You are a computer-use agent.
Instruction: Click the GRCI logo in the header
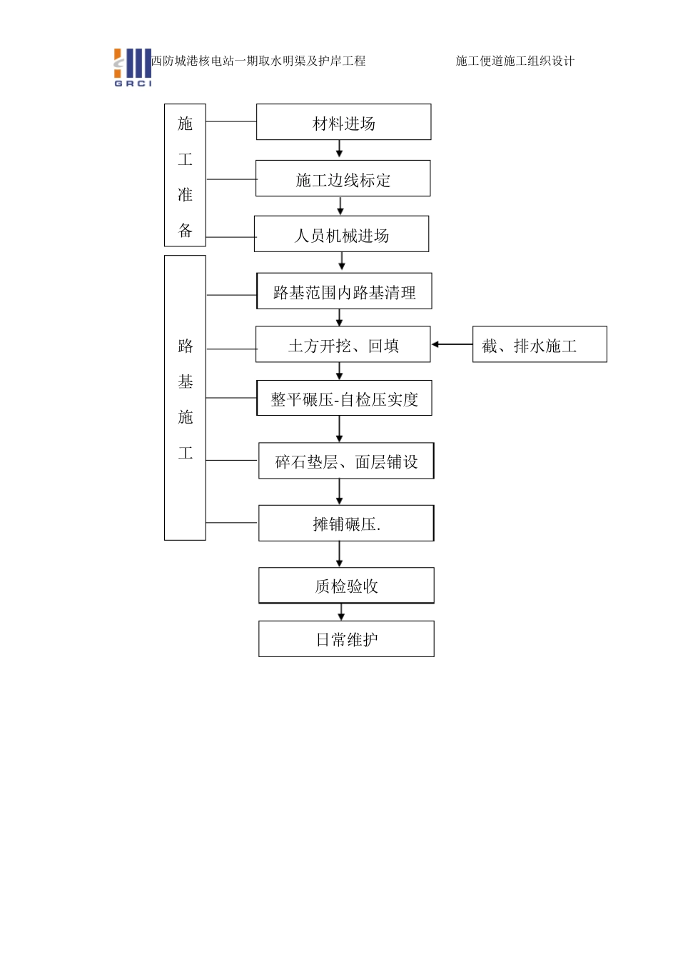coord(133,68)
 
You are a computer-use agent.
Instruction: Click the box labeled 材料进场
coord(343,122)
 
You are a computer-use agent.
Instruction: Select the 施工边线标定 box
coord(343,179)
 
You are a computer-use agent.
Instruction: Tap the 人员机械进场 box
coord(341,234)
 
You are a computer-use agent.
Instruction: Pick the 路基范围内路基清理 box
coord(344,291)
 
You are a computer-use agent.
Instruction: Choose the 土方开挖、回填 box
coord(343,345)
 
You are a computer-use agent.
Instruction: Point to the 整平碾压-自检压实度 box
coord(344,399)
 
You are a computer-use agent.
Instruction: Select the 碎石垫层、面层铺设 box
coord(346,461)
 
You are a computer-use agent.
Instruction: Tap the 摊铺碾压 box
coord(346,524)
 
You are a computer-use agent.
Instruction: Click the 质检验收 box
coord(346,586)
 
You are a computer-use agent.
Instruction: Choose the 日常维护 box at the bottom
coord(346,639)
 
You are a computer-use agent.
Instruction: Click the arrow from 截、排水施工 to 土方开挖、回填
coord(452,345)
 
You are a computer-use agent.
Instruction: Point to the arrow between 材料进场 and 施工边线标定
coord(340,149)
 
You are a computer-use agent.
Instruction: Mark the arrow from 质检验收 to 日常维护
coord(341,612)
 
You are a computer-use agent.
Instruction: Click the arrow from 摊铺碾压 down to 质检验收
coord(340,554)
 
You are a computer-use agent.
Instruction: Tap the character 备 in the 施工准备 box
coord(186,230)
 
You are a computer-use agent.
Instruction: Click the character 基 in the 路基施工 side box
coord(186,382)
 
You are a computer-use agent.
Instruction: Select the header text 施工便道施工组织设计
coord(515,61)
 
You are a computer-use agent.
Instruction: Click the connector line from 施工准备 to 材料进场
coord(231,122)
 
